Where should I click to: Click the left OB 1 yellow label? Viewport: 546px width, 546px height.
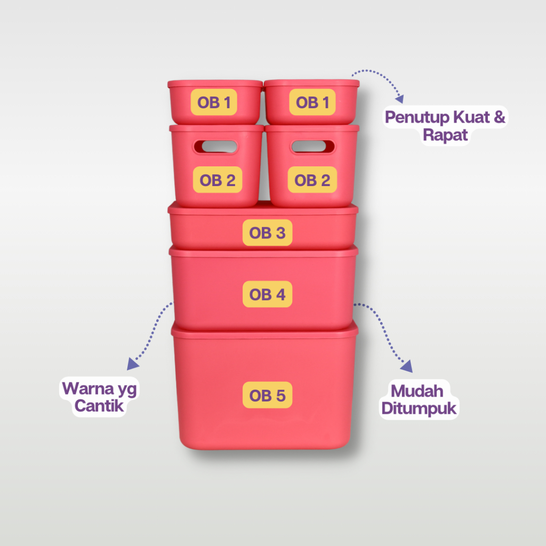click(214, 102)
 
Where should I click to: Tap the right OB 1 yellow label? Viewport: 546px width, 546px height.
click(312, 102)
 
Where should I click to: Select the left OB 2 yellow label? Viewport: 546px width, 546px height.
click(218, 180)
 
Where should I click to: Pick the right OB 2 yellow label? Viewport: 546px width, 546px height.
click(312, 180)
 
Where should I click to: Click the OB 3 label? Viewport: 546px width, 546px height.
click(268, 232)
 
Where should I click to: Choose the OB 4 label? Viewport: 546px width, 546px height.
click(268, 294)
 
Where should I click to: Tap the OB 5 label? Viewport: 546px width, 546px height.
click(268, 395)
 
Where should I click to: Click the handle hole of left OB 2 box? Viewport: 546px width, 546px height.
click(216, 147)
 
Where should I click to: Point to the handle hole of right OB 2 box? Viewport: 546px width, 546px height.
click(312, 147)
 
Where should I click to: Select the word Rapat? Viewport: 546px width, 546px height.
click(445, 135)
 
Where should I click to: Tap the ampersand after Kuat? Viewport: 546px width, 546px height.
click(499, 117)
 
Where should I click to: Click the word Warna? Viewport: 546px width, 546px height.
click(88, 388)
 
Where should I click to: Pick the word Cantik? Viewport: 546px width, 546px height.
click(99, 406)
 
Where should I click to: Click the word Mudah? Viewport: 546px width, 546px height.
click(417, 391)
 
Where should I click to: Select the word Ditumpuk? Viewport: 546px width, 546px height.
click(419, 408)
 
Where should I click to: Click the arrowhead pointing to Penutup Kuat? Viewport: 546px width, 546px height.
click(400, 99)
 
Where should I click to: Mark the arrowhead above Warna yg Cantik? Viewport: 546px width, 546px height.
click(132, 364)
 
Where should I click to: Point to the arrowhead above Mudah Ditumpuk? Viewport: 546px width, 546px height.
click(407, 366)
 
